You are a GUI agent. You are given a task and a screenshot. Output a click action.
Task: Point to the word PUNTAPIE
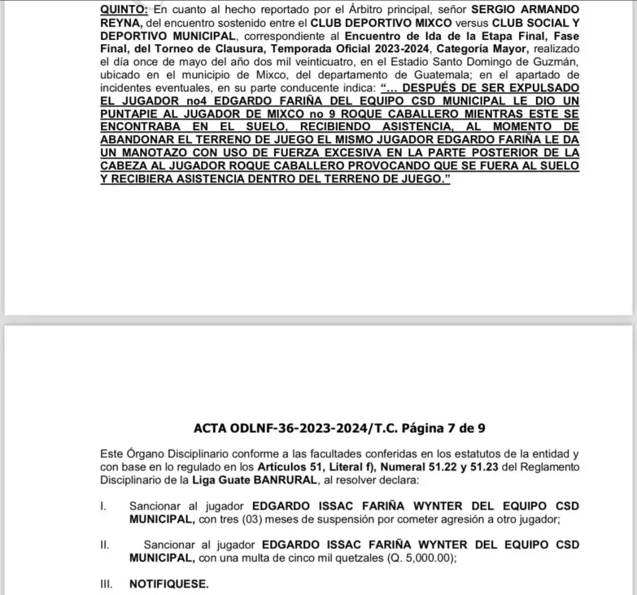point(128,115)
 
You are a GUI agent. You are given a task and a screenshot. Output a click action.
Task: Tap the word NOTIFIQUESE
point(169,585)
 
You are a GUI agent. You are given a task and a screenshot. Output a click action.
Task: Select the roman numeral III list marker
point(106,585)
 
